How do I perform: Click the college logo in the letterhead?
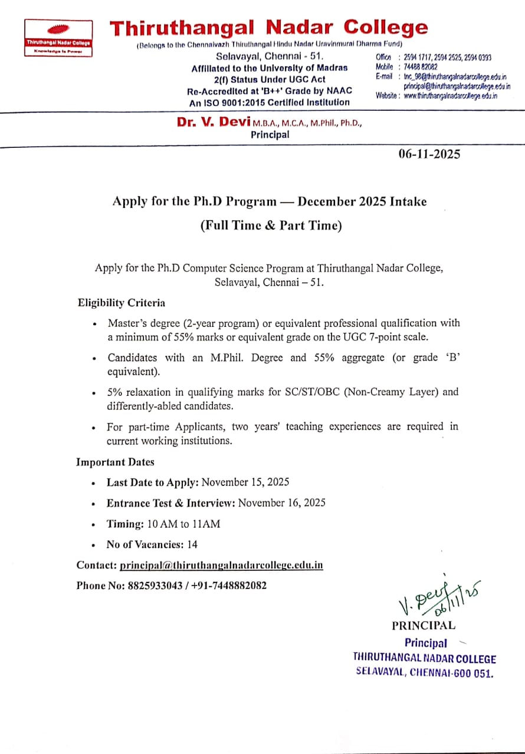tap(58, 37)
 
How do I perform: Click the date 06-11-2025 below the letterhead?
tap(429, 154)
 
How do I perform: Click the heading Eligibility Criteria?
tap(122, 303)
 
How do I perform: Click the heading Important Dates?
tap(115, 462)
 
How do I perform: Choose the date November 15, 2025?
tap(245, 482)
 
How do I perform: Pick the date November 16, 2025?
tap(282, 502)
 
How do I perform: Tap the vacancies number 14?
tap(192, 545)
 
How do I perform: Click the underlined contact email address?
tap(221, 565)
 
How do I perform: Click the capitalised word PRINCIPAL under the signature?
tap(423, 626)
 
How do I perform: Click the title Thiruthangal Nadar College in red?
tap(269, 28)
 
